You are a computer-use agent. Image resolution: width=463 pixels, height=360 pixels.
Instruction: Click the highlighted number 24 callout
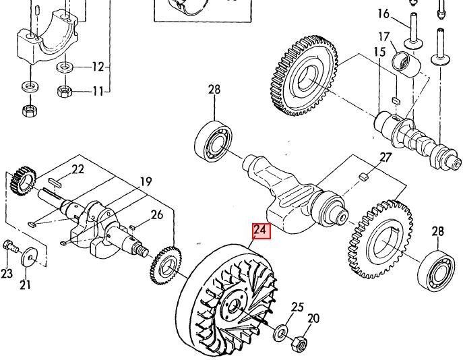click(x=261, y=231)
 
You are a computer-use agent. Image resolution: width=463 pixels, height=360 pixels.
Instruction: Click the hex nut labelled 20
click(x=299, y=343)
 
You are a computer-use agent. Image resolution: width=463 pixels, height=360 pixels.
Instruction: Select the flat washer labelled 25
click(x=282, y=333)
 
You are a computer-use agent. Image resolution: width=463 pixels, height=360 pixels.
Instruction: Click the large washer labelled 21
click(x=29, y=258)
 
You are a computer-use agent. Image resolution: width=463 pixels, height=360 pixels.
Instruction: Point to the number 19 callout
click(x=146, y=181)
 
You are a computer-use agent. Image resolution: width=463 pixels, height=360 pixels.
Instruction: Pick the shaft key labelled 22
click(x=55, y=182)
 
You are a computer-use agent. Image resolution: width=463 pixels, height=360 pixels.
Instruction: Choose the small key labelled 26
click(x=133, y=228)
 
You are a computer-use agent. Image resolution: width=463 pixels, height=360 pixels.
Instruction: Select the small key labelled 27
click(x=364, y=177)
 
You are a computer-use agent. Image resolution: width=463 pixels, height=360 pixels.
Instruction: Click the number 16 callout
click(x=383, y=13)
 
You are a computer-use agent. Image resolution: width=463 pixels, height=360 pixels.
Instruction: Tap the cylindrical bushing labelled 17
click(x=406, y=65)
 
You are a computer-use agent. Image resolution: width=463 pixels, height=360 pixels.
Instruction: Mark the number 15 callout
click(x=379, y=52)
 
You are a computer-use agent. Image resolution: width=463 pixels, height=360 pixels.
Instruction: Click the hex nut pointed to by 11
click(x=65, y=91)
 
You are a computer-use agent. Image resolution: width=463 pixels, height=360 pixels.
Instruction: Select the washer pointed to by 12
click(x=65, y=67)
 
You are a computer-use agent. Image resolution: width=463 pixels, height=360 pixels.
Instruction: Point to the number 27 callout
click(x=385, y=158)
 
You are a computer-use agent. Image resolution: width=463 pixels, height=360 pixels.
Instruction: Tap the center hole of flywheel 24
click(x=235, y=305)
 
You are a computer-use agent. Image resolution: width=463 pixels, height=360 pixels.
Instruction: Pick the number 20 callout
click(x=313, y=319)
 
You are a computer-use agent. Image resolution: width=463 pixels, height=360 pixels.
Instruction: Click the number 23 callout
click(x=7, y=274)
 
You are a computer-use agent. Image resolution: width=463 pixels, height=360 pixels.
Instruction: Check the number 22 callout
click(x=78, y=169)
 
